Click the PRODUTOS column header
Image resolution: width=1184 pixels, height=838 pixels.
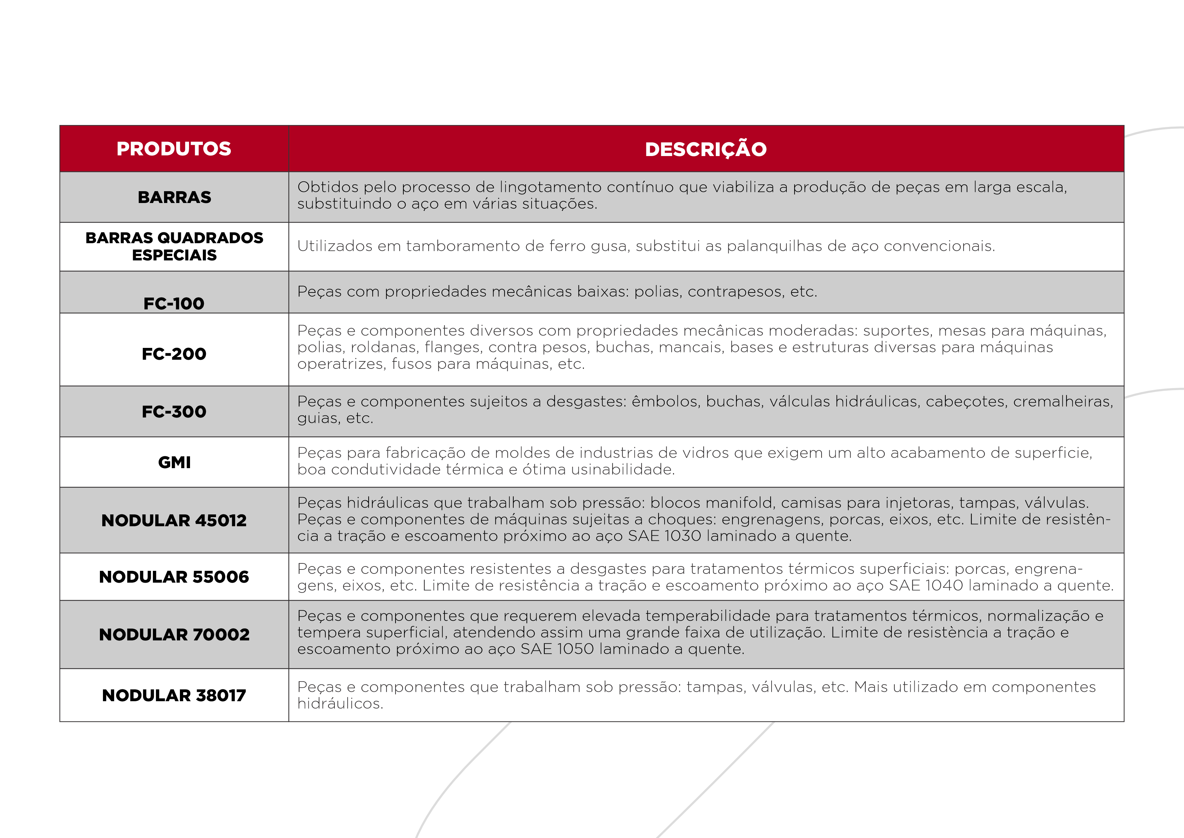coord(174,149)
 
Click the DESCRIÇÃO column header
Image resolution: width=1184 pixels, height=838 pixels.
coord(705,149)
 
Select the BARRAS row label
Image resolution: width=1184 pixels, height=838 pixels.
coord(174,197)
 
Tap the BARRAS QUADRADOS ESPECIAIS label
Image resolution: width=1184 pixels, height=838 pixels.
coord(174,246)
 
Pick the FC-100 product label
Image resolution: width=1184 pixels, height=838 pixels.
coord(174,303)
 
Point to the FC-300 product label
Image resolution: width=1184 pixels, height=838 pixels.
coord(174,411)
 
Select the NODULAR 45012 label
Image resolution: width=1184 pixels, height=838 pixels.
coord(174,520)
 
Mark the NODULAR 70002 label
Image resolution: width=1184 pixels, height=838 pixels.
coord(174,634)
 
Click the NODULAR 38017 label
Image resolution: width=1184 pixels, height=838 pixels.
coord(174,695)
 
